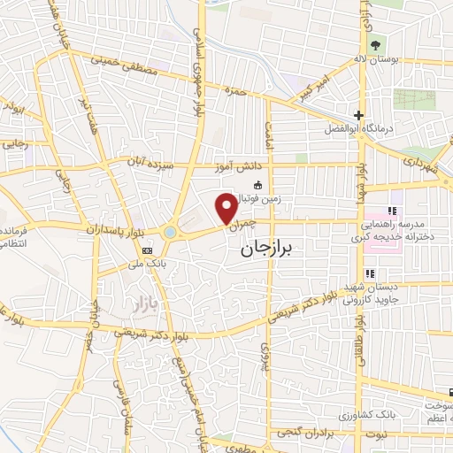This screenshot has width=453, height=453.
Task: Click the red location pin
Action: [x=226, y=207]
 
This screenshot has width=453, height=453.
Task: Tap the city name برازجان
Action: [x=271, y=250]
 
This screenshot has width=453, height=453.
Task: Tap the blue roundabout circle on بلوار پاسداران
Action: [x=170, y=233]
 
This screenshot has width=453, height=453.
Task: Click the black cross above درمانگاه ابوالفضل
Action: [x=358, y=115]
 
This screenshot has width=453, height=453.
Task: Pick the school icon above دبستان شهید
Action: [x=370, y=273]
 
